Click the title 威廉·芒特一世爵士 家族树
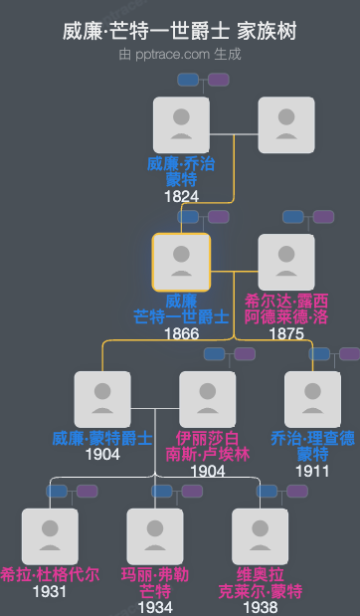point(180,32)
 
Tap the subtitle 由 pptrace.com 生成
point(180,54)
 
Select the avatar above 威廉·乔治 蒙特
point(181,124)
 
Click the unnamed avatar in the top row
point(286,124)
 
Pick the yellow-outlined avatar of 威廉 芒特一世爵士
point(181,262)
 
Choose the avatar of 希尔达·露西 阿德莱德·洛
point(286,262)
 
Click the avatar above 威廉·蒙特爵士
point(102,399)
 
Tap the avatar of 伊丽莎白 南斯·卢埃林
point(208,399)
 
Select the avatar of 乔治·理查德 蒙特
point(313,399)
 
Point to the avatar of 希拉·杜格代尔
point(50,536)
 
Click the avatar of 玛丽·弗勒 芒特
point(155,536)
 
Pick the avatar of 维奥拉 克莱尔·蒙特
point(261,536)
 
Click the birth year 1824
point(181,196)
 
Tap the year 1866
point(181,333)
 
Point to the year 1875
point(286,333)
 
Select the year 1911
point(313,471)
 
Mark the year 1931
point(50,592)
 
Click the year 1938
point(261,607)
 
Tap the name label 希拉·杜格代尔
point(50,575)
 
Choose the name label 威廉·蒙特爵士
point(102,438)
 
